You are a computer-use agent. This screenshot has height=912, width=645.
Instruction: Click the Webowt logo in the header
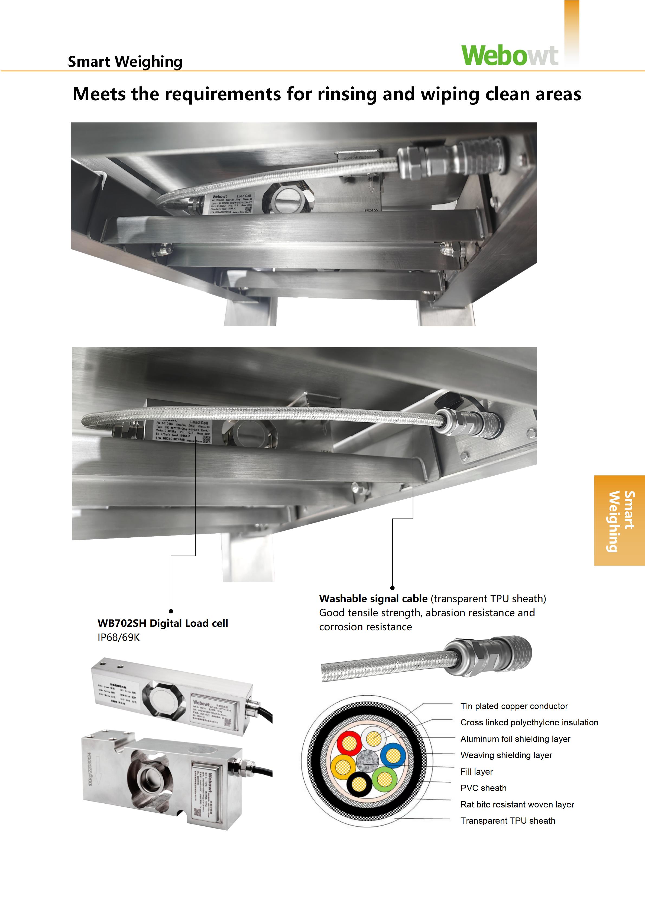pyautogui.click(x=510, y=55)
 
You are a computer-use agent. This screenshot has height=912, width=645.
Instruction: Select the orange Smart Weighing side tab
pyautogui.click(x=619, y=520)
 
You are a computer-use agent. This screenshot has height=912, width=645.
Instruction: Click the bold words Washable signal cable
pyautogui.click(x=373, y=599)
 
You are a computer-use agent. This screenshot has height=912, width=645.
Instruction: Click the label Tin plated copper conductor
pyautogui.click(x=514, y=706)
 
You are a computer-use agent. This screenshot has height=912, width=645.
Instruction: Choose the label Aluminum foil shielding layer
pyautogui.click(x=515, y=739)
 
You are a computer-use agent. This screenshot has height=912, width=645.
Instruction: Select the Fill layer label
pyautogui.click(x=477, y=771)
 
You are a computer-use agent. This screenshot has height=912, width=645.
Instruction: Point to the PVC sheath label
pyautogui.click(x=483, y=788)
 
